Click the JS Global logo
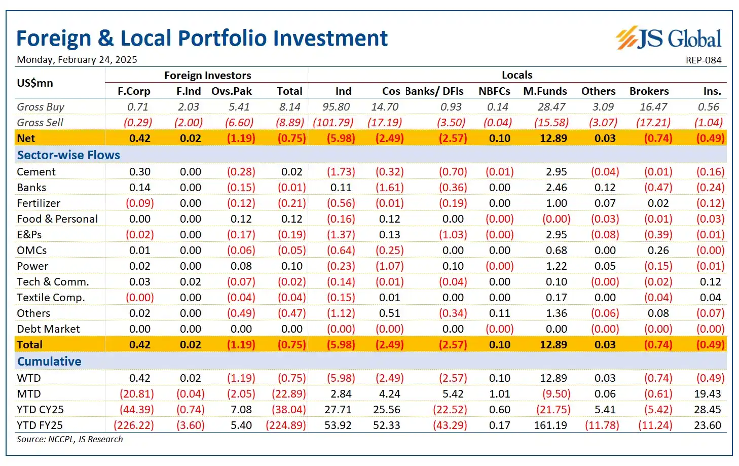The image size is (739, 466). pyautogui.click(x=669, y=39)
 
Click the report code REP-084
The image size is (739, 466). pyautogui.click(x=703, y=60)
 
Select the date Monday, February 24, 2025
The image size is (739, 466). pyautogui.click(x=77, y=60)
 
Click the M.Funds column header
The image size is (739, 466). pyautogui.click(x=545, y=91)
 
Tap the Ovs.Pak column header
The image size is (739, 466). pyautogui.click(x=232, y=91)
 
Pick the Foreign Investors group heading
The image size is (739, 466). pyautogui.click(x=207, y=76)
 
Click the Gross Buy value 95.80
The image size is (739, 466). pyautogui.click(x=336, y=107)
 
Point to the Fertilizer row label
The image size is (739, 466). pyautogui.click(x=39, y=203)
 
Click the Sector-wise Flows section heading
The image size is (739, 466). pyautogui.click(x=68, y=155)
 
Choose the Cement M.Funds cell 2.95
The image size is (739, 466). pyautogui.click(x=556, y=172)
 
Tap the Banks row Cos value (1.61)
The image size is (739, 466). pyautogui.click(x=389, y=188)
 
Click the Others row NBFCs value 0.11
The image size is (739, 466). pyautogui.click(x=499, y=313)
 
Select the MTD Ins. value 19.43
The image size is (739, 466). pyautogui.click(x=707, y=394)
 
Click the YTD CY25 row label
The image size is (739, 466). pyautogui.click(x=40, y=410)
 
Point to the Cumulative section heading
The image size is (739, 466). pyautogui.click(x=49, y=362)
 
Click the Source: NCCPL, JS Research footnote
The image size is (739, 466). pyautogui.click(x=69, y=439)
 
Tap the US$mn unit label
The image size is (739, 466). pyautogui.click(x=34, y=83)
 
